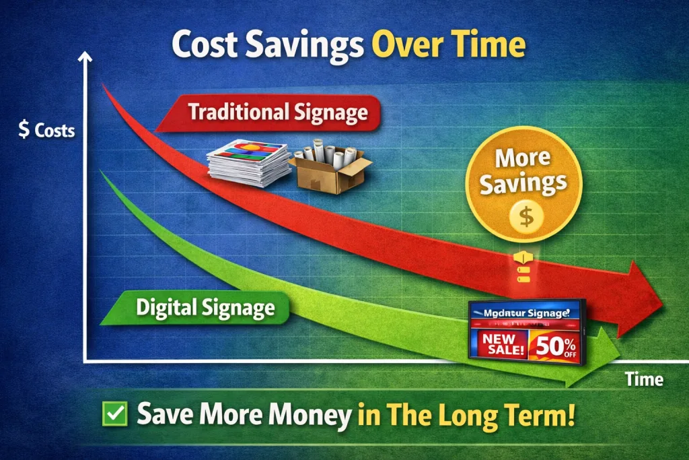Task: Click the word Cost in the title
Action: [x=202, y=45]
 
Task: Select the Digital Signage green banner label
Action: [x=205, y=308]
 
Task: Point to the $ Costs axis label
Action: [x=46, y=130]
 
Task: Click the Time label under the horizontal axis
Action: [x=644, y=379]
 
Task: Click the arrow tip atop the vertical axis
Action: [x=85, y=59]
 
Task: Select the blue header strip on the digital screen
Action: [x=525, y=313]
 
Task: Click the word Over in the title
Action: [x=400, y=45]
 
